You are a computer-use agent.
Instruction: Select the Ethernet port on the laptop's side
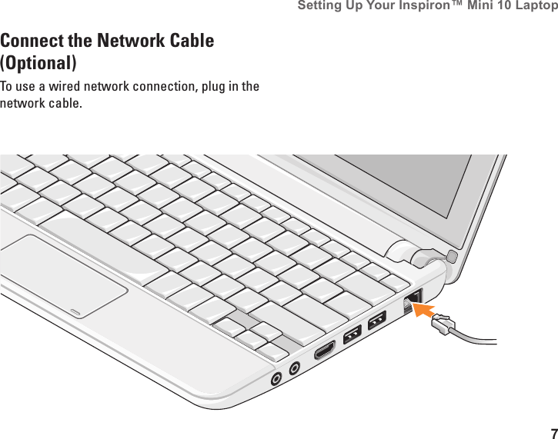412,298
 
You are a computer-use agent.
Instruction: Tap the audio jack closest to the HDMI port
294,370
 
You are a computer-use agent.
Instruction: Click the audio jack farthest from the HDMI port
276,378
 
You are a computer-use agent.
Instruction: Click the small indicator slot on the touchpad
75,311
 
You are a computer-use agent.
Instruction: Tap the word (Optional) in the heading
38,62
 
